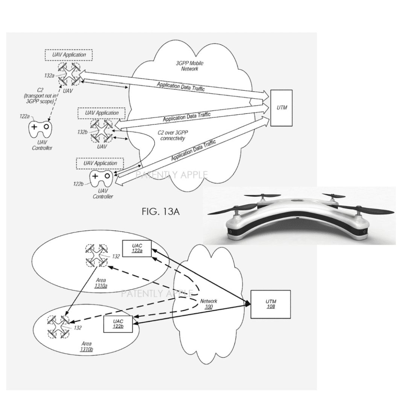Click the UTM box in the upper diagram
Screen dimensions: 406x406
pos(281,108)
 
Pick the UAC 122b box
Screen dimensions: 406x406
pos(118,324)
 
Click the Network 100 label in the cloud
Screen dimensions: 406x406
pos(209,304)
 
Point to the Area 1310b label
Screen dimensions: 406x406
pos(86,346)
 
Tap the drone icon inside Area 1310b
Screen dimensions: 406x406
pos(59,326)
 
